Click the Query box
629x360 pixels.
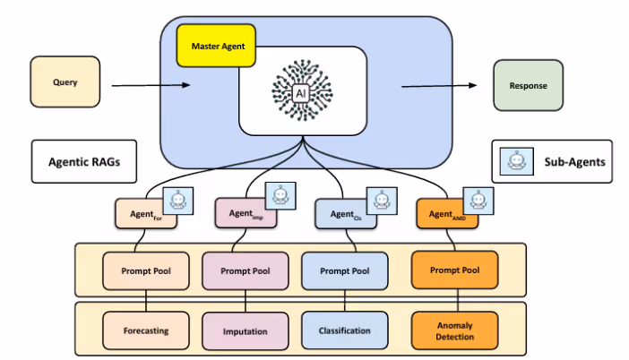click(x=65, y=82)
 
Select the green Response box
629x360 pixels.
click(x=529, y=86)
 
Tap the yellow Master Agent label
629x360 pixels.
click(x=217, y=45)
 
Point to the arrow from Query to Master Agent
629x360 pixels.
click(x=151, y=86)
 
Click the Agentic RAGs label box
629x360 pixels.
click(x=84, y=162)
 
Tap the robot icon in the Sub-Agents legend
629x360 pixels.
click(x=516, y=162)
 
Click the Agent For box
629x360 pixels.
click(x=140, y=214)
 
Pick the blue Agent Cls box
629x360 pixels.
click(x=342, y=214)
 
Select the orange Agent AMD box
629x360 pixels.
click(x=443, y=214)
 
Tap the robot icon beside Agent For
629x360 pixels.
click(x=181, y=201)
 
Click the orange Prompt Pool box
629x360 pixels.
click(x=455, y=270)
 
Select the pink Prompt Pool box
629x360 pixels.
click(x=245, y=270)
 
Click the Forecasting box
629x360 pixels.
click(x=145, y=330)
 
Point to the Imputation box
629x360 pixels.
click(x=245, y=331)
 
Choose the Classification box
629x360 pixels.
click(x=344, y=330)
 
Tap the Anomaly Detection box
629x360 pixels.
click(x=454, y=330)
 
